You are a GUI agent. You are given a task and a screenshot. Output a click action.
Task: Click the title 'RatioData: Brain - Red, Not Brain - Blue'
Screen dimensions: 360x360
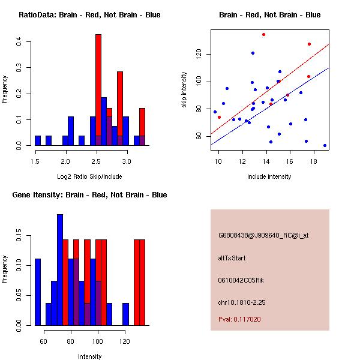pyautogui.click(x=89, y=15)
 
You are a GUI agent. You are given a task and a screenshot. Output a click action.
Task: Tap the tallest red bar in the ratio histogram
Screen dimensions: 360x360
pyautogui.click(x=98, y=90)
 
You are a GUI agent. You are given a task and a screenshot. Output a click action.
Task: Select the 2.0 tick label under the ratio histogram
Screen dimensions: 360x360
pyautogui.click(x=65, y=161)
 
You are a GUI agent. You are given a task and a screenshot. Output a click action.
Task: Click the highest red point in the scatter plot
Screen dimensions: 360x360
pyautogui.click(x=263, y=34)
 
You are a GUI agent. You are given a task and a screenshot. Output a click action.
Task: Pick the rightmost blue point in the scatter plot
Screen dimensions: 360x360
pyautogui.click(x=325, y=145)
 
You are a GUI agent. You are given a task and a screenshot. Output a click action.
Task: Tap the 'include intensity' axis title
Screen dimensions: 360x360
pyautogui.click(x=269, y=176)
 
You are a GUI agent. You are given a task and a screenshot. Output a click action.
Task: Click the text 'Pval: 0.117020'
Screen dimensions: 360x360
pyautogui.click(x=239, y=320)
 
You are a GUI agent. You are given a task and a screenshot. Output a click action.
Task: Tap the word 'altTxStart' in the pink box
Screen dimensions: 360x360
pyautogui.click(x=232, y=258)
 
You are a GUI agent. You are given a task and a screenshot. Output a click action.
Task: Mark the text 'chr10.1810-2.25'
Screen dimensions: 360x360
pyautogui.click(x=241, y=302)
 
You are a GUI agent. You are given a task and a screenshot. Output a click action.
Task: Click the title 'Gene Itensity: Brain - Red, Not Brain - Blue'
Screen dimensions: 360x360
pyautogui.click(x=89, y=195)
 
